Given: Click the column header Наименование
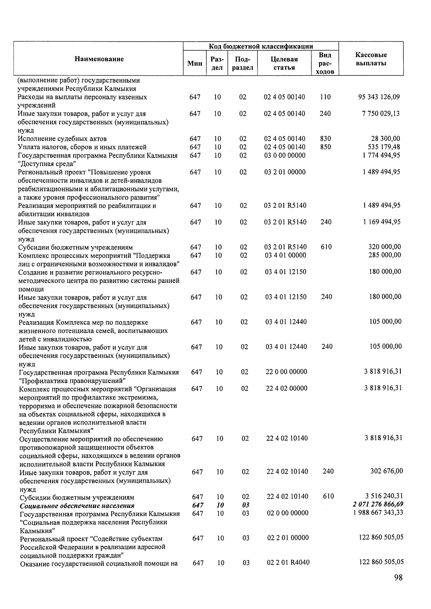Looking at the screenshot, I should [x=99, y=59].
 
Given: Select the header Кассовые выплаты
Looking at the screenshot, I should [x=371, y=59].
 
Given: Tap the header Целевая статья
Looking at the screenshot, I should [x=284, y=64].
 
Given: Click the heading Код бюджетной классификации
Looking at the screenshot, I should [x=261, y=46].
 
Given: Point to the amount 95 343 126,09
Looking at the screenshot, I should [x=379, y=97].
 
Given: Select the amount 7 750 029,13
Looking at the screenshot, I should [x=381, y=114].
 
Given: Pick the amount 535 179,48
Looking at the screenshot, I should [x=383, y=147].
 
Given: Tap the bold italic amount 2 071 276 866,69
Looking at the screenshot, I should [x=378, y=505].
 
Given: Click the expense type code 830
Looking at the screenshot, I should [x=325, y=139].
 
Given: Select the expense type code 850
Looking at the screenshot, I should [x=325, y=147].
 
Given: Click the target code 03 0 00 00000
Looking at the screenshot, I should [x=285, y=155].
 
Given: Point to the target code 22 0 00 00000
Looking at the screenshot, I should [x=286, y=372].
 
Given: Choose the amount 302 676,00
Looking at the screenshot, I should [x=386, y=471].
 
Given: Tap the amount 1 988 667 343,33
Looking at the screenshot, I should [x=378, y=512].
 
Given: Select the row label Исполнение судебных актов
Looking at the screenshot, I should [x=62, y=139].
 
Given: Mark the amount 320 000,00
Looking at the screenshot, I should [x=385, y=247].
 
